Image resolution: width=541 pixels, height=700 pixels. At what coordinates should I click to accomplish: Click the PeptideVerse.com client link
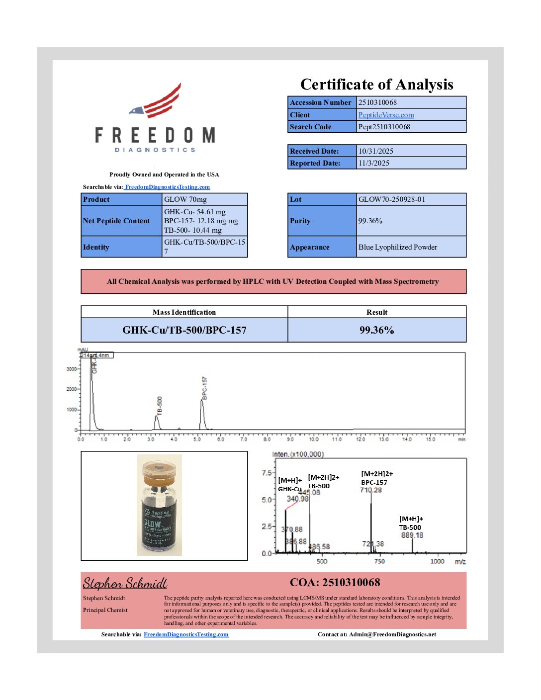click(x=386, y=115)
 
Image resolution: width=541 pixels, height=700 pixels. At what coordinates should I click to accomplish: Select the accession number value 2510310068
click(x=377, y=102)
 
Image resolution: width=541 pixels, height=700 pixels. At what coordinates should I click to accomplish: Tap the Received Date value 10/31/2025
click(x=375, y=151)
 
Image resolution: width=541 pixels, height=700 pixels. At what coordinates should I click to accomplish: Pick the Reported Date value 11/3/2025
click(x=373, y=163)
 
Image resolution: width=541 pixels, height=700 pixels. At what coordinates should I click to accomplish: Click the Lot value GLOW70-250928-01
click(x=391, y=199)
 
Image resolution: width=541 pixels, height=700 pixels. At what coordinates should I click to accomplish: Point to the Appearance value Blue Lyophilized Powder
click(x=397, y=247)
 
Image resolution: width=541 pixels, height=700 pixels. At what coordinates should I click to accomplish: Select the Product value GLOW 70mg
click(x=185, y=199)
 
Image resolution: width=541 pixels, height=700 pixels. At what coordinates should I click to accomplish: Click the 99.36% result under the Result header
click(x=376, y=330)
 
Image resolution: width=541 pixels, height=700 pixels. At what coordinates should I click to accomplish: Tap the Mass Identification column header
click(x=184, y=312)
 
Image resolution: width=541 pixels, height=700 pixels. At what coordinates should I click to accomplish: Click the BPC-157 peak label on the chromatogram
click(x=204, y=388)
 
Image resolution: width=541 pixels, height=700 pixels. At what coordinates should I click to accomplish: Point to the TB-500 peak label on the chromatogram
click(x=160, y=406)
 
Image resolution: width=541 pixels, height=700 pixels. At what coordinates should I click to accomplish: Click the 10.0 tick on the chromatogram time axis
click(x=314, y=439)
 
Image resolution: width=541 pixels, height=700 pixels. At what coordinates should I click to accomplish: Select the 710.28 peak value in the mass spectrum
click(x=371, y=490)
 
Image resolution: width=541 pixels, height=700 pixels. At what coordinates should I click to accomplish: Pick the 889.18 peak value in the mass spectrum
click(x=412, y=535)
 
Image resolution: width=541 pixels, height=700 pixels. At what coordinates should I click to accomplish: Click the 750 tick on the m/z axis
click(x=379, y=561)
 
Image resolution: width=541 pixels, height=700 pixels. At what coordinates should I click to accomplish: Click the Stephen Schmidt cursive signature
click(x=125, y=583)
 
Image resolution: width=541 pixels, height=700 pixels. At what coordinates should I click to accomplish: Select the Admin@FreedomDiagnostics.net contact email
click(x=392, y=634)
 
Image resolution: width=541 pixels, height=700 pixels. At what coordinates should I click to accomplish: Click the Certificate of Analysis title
click(x=376, y=85)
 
